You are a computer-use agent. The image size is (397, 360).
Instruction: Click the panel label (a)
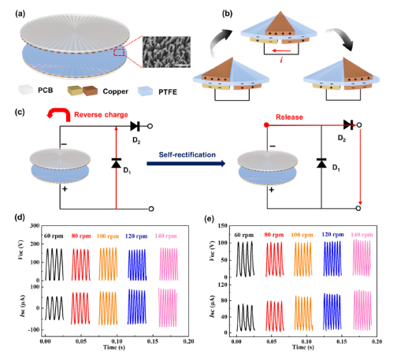click(x=20, y=14)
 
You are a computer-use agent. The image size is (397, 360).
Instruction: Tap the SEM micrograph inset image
click(x=166, y=52)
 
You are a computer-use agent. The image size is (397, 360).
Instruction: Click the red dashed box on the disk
click(x=119, y=52)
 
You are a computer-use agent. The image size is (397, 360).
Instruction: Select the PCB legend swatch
click(x=26, y=90)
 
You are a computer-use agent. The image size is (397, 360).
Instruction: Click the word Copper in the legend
click(x=116, y=91)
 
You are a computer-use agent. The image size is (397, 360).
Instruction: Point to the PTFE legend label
click(x=168, y=92)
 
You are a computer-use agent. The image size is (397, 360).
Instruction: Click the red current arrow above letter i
click(x=281, y=50)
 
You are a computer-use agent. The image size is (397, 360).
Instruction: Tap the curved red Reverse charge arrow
click(x=59, y=114)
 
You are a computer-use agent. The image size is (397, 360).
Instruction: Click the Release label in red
click(x=289, y=117)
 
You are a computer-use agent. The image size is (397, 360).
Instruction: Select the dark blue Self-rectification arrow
click(x=186, y=164)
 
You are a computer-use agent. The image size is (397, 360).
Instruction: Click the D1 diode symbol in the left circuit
click(x=116, y=163)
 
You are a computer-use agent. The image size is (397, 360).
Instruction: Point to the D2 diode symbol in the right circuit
click(x=348, y=124)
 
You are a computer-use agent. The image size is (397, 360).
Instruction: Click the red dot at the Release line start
click(x=266, y=125)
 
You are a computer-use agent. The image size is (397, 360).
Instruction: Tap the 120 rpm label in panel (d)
click(x=136, y=236)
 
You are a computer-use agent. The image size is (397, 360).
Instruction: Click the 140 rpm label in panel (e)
click(x=362, y=235)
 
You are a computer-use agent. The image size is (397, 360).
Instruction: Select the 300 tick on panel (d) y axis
click(x=35, y=225)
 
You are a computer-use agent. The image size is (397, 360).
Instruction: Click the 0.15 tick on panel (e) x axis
click(x=342, y=341)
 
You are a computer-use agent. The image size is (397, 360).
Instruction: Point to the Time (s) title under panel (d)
click(x=114, y=347)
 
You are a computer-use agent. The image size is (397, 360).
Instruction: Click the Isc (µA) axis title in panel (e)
click(x=213, y=306)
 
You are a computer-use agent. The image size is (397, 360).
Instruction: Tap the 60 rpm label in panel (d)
click(x=54, y=236)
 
